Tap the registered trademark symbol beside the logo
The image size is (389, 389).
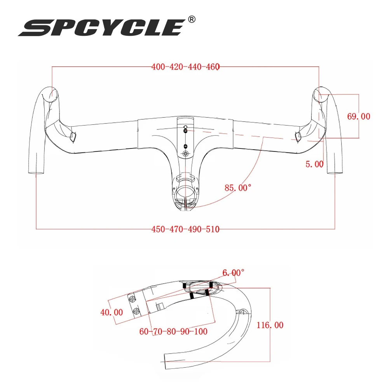pyautogui.click(x=192, y=19)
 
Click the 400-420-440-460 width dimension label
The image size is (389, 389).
pyautogui.click(x=186, y=67)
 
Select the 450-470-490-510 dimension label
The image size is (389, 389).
pyautogui.click(x=186, y=229)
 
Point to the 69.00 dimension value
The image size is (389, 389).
pyautogui.click(x=358, y=116)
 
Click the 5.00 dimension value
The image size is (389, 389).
pyautogui.click(x=314, y=164)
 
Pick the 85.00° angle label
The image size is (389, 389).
pyautogui.click(x=238, y=188)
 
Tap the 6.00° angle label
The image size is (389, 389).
pyautogui.click(x=233, y=273)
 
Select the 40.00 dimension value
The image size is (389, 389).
pyautogui.click(x=112, y=312)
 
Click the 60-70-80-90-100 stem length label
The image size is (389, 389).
pyautogui.click(x=173, y=331)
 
